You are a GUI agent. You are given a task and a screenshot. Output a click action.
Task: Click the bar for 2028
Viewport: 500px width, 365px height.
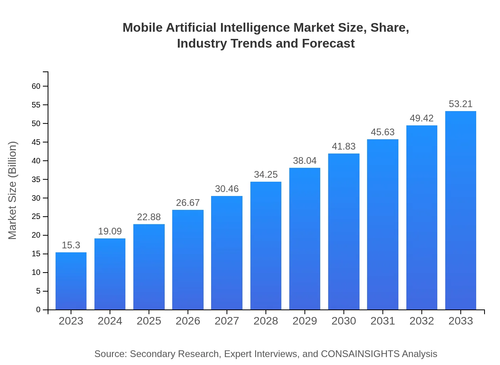[x=266, y=246]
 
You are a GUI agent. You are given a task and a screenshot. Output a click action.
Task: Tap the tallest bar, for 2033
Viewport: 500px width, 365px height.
[x=460, y=210]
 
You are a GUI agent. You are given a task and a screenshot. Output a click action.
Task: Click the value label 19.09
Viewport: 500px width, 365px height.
[x=110, y=231]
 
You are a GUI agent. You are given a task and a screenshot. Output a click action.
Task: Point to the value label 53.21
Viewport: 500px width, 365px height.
[x=460, y=104]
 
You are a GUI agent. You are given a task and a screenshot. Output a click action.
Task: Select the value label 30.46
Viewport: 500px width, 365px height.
[x=227, y=189]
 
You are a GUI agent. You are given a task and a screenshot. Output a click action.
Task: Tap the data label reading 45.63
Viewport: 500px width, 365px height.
[x=383, y=132]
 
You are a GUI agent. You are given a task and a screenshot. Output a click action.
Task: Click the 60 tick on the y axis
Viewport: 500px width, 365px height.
[x=36, y=86]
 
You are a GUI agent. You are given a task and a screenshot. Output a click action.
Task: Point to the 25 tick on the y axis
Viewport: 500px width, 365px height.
[x=36, y=217]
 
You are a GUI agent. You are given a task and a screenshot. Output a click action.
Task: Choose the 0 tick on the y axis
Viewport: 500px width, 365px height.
[x=38, y=310]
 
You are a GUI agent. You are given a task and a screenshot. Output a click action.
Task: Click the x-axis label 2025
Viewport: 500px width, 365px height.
[x=149, y=321]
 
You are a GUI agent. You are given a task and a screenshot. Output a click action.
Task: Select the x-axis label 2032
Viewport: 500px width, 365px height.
[x=421, y=321]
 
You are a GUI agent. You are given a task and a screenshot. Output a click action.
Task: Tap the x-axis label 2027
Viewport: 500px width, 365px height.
[x=227, y=321]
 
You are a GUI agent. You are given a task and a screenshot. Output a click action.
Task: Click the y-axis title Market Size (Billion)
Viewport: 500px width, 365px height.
[x=13, y=190]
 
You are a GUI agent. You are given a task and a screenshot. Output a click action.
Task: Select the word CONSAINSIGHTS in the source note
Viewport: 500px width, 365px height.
[x=360, y=354]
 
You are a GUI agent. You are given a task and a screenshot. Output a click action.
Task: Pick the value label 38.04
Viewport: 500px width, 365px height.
[x=305, y=161]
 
